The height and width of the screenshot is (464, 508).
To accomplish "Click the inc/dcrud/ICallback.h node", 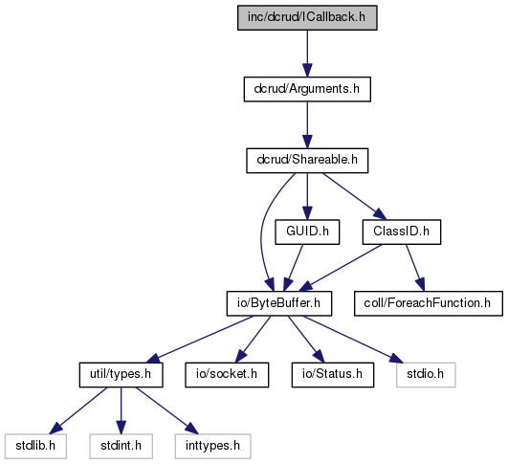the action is pyautogui.click(x=307, y=18).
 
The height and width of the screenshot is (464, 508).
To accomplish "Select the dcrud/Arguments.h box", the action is pyautogui.click(x=307, y=89).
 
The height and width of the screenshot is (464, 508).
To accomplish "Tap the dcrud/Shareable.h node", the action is pyautogui.click(x=307, y=161).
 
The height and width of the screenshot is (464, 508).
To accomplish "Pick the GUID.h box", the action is pyautogui.click(x=307, y=232).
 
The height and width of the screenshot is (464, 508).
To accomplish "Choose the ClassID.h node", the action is pyautogui.click(x=402, y=232).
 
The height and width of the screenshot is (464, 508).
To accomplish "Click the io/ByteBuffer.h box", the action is pyautogui.click(x=279, y=303).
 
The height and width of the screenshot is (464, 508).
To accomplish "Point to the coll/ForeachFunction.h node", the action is pyautogui.click(x=429, y=303).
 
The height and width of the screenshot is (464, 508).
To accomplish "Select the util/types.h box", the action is pyautogui.click(x=121, y=375).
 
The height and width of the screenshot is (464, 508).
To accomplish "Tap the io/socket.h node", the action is pyautogui.click(x=227, y=375).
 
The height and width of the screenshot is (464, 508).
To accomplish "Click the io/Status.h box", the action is pyautogui.click(x=333, y=375).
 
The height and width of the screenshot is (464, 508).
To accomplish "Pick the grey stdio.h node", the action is pyautogui.click(x=426, y=375).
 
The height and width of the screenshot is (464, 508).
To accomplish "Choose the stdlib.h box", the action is pyautogui.click(x=35, y=446).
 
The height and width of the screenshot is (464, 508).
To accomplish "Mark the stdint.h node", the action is pyautogui.click(x=121, y=446).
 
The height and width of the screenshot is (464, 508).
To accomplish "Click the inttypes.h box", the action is pyautogui.click(x=212, y=446).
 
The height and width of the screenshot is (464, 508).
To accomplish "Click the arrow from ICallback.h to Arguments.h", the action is pyautogui.click(x=307, y=54).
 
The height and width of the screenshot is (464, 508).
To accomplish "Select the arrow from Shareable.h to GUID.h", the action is pyautogui.click(x=307, y=196).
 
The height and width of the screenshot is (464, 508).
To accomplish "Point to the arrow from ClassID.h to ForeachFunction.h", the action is pyautogui.click(x=415, y=268).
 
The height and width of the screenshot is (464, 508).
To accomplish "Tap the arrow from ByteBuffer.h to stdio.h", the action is pyautogui.click(x=353, y=339).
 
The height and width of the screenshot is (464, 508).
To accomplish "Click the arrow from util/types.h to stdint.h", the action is pyautogui.click(x=121, y=410).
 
